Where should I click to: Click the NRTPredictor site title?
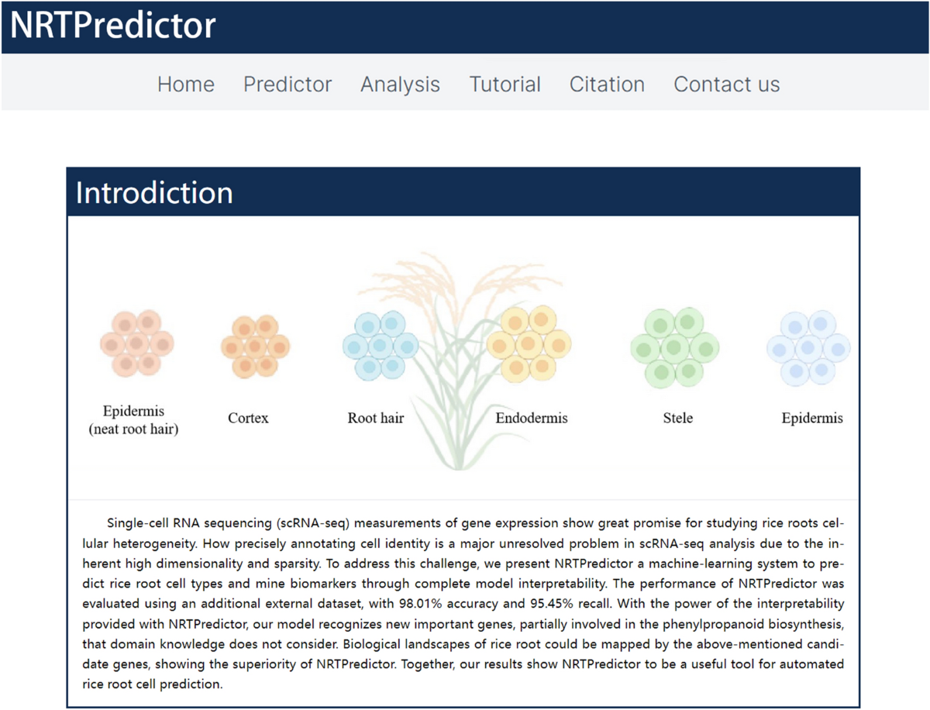112,26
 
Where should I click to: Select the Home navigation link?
186,84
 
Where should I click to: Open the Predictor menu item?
288,84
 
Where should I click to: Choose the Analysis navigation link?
401,84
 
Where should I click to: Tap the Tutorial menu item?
505,84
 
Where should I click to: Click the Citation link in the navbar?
607,84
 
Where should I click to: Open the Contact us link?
727,84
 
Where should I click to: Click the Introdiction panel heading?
154,193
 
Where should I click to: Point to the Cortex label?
248,418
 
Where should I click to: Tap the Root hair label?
376,418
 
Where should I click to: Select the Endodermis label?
532,418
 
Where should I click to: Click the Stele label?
678,418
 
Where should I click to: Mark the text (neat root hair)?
133,429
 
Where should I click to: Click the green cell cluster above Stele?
675,347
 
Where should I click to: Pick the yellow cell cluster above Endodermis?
529,344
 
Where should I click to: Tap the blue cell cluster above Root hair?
381,346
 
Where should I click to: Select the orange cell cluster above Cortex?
256,346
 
